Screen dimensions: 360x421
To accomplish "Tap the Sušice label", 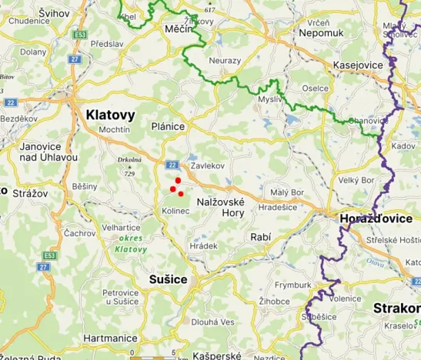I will pos(169,278).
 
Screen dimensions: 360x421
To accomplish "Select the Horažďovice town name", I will pos(376,218).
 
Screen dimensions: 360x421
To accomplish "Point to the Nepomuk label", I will pos(343,35).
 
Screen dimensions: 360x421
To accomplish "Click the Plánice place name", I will pos(169,126).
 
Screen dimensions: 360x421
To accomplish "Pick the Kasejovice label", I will pos(357,65).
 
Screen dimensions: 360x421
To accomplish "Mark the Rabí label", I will pos(260,238).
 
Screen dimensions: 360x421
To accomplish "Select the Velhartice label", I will pos(122,228).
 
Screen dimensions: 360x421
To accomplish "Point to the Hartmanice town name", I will pos(110,338).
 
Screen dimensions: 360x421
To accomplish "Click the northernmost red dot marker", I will pos(178,180).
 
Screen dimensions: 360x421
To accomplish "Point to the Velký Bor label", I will pos(356,180).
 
